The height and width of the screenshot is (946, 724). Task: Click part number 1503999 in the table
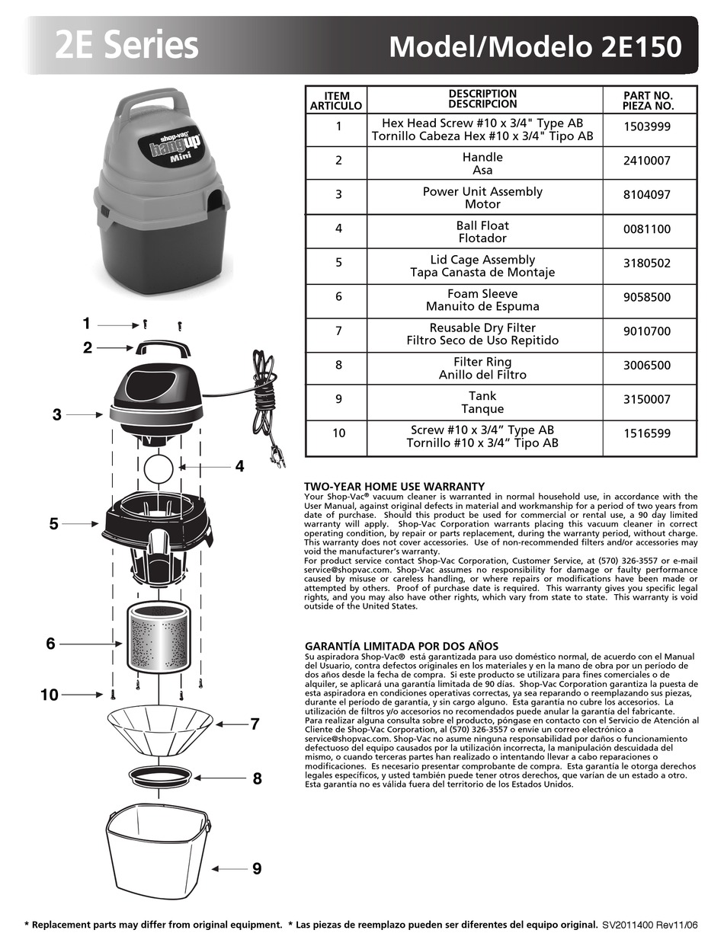[x=647, y=127]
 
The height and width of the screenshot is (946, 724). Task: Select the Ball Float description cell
[x=482, y=232]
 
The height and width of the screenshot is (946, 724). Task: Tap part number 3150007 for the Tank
[x=647, y=399]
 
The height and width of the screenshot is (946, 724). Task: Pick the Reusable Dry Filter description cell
[x=482, y=334]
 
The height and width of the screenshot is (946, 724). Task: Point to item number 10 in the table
[x=338, y=433]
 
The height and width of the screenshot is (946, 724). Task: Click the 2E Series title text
[x=127, y=46]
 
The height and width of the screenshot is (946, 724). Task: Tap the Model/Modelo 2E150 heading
[x=535, y=47]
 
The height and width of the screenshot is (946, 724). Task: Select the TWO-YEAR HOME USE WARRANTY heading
[x=394, y=486]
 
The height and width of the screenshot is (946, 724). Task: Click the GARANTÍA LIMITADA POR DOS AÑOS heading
[x=401, y=646]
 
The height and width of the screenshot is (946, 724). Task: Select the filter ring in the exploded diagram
[x=159, y=776]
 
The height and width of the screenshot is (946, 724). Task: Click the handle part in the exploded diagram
[x=163, y=348]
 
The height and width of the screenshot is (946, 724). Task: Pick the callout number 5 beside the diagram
[x=54, y=524]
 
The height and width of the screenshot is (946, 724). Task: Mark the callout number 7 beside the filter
[x=255, y=724]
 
